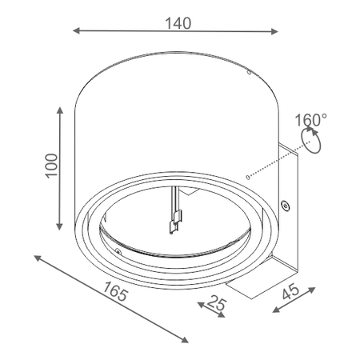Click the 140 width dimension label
coord(178,23)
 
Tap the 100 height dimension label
coord(51,166)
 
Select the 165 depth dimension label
coord(116,291)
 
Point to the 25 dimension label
coord(217,303)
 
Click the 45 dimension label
coord(291,291)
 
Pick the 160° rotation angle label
coord(310,120)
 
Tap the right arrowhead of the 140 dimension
coord(274,31)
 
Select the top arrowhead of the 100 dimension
coord(60,110)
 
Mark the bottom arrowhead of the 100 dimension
coord(59,226)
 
